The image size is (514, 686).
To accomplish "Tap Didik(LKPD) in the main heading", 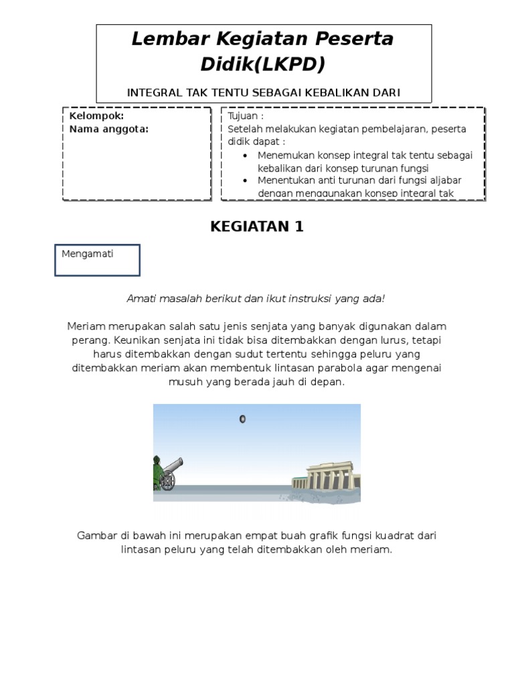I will [263, 65].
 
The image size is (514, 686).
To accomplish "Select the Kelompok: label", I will [97, 116].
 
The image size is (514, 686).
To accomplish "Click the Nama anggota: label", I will [109, 129].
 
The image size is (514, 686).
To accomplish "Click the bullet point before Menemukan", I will [246, 155].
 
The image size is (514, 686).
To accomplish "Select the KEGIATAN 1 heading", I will [257, 226].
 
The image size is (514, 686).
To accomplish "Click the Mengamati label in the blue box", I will [88, 254].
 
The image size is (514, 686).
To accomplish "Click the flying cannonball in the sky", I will [242, 419].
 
